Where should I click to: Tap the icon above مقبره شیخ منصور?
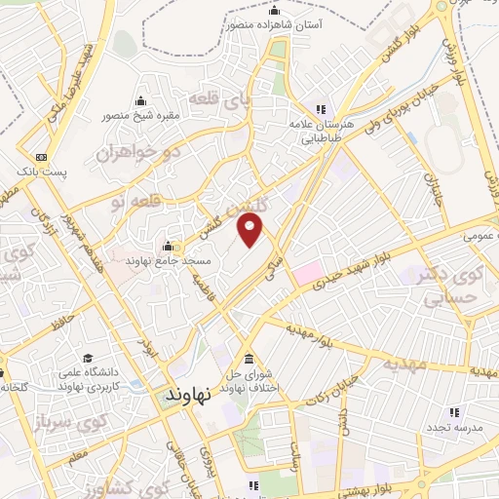[x=141, y=100]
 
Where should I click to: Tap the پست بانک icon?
[x=40, y=156]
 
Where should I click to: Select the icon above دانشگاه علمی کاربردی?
[x=89, y=358]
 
